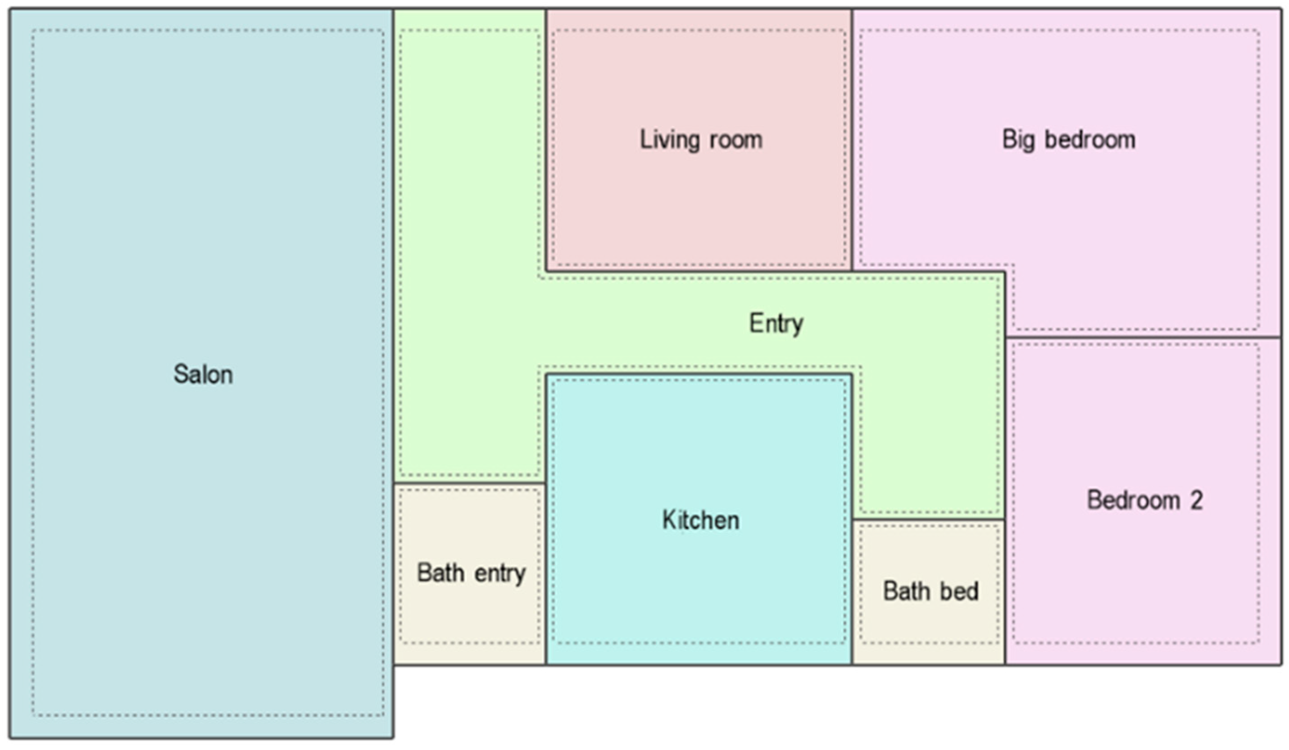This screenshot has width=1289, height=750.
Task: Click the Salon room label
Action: pyautogui.click(x=203, y=374)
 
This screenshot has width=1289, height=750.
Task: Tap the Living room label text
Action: pyautogui.click(x=701, y=140)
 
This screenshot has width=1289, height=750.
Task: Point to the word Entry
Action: pyautogui.click(x=776, y=323)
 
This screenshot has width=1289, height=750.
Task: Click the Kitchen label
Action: pyautogui.click(x=700, y=520)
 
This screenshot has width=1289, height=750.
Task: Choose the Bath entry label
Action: pyautogui.click(x=471, y=573)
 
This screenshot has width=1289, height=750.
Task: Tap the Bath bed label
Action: pyautogui.click(x=930, y=591)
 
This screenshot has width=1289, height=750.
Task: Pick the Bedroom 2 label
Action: pyautogui.click(x=1144, y=500)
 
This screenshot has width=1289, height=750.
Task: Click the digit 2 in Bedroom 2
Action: pyautogui.click(x=1196, y=500)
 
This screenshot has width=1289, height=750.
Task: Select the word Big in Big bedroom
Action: pyautogui.click(x=1018, y=140)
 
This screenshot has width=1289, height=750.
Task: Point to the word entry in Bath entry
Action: pyautogui.click(x=500, y=573)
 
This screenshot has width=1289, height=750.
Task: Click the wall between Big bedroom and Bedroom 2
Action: pyautogui.click(x=1143, y=337)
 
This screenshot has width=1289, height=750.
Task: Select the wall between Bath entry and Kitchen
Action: pyautogui.click(x=546, y=573)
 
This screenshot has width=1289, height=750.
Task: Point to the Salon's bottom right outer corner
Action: pyautogui.click(x=393, y=737)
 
